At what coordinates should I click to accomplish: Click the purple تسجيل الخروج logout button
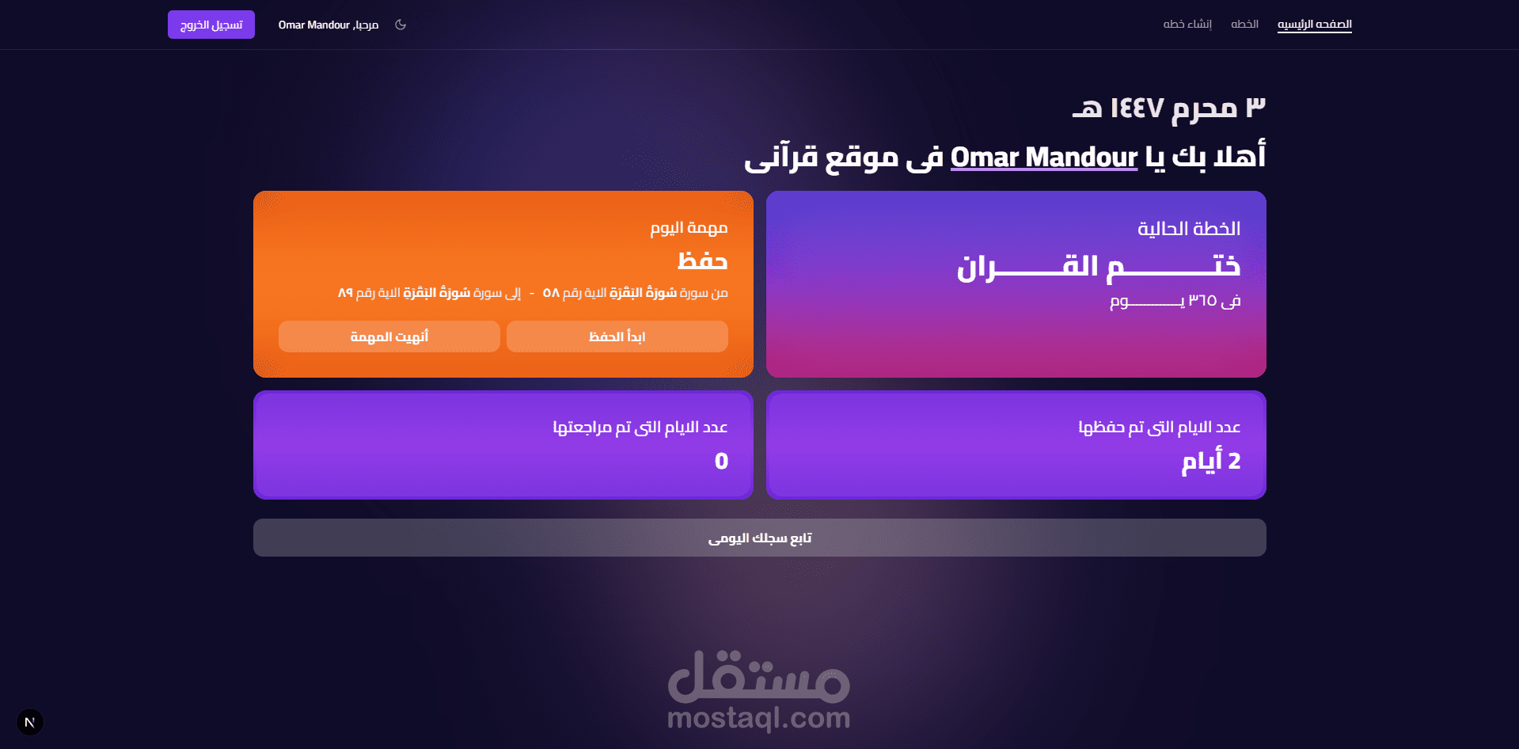(x=211, y=25)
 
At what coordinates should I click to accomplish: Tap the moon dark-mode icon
(x=401, y=25)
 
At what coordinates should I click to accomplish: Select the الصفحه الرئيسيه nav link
(x=1315, y=25)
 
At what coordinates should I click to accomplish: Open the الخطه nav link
(x=1244, y=25)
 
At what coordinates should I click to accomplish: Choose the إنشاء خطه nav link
(x=1187, y=25)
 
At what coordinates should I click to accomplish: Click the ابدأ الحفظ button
(x=617, y=336)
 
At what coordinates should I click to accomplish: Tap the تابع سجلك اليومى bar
(x=760, y=538)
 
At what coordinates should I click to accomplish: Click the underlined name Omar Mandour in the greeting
(x=1044, y=158)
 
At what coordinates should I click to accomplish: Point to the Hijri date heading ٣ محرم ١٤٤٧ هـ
(x=1169, y=108)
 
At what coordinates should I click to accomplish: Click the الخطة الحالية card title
(x=1189, y=229)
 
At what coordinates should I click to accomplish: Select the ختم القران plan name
(x=1099, y=267)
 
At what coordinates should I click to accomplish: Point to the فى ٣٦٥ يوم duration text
(x=1175, y=301)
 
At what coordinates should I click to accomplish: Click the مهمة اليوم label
(x=689, y=228)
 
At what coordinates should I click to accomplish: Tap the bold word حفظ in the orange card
(x=703, y=260)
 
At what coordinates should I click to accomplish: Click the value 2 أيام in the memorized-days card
(x=1211, y=461)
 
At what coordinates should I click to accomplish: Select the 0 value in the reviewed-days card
(x=721, y=461)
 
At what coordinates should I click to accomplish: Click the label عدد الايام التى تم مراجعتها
(x=640, y=428)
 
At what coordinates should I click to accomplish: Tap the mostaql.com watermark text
(x=759, y=718)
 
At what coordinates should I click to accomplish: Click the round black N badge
(x=30, y=722)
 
